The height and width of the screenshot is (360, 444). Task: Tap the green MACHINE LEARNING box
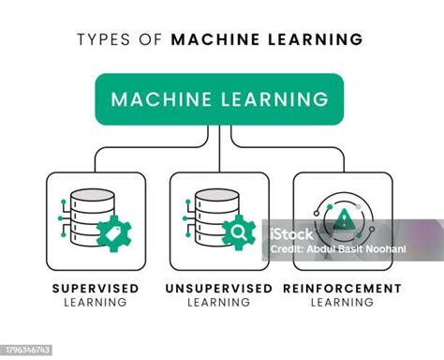point(219,98)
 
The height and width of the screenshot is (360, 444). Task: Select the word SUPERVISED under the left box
point(96,288)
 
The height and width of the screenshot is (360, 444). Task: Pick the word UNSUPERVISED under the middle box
point(218,288)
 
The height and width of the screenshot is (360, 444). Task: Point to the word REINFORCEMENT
point(342,288)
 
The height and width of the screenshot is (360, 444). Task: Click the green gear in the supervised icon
point(113,231)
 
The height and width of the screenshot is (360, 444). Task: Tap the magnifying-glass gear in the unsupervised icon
point(237,230)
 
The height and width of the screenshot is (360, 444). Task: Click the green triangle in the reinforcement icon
point(346,219)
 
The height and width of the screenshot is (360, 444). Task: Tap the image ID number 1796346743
point(28,351)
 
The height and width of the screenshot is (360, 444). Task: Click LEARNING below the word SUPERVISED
point(96,302)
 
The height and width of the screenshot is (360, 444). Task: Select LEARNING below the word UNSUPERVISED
point(218,302)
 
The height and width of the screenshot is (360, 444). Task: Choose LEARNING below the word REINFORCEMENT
point(342,302)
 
